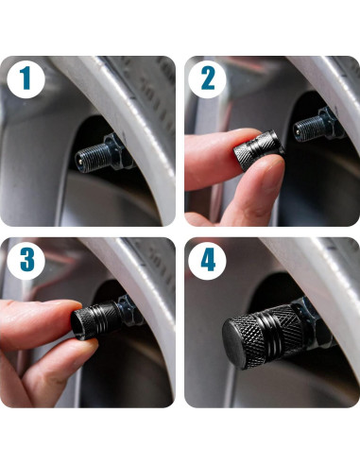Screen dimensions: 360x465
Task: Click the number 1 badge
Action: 26,79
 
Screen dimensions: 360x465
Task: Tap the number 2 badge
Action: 207,79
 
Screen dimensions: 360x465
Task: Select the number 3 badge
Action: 26,261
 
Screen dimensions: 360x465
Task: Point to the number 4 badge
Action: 207,261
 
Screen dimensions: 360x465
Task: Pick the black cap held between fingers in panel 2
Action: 258,150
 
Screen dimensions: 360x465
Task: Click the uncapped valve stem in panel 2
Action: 309,128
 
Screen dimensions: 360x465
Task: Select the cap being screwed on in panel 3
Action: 96,320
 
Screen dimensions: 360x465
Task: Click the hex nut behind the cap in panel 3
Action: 129,310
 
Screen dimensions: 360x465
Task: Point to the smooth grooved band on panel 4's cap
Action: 271,334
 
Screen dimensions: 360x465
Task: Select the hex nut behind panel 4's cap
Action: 316,321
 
